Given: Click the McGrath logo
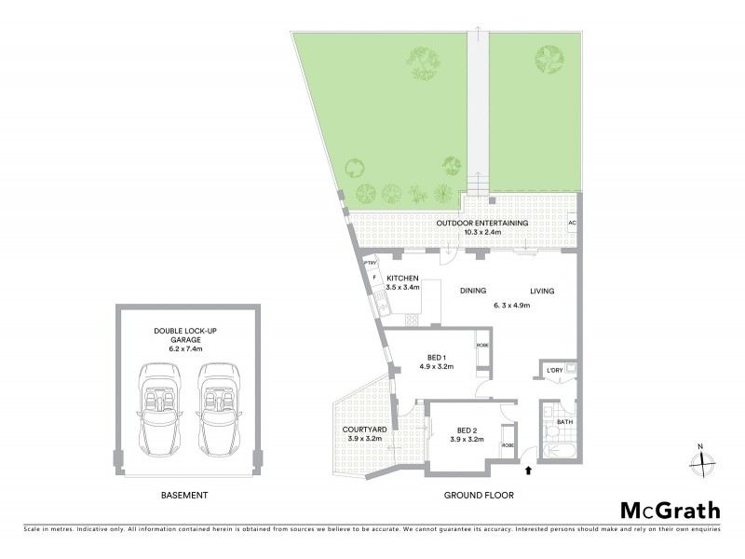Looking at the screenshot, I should click(x=670, y=510).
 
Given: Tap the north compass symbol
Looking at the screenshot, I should click(x=703, y=458).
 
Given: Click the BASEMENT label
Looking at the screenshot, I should click(x=183, y=495).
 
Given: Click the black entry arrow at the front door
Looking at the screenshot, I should click(x=530, y=472).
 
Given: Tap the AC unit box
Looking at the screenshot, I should click(x=572, y=225).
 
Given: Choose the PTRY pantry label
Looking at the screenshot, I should click(x=370, y=264).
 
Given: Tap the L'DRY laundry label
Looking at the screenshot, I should click(x=555, y=371).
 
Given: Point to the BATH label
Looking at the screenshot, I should click(x=565, y=422).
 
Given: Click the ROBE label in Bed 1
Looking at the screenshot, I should click(x=481, y=346).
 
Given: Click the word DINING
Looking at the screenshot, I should click(x=474, y=291).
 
